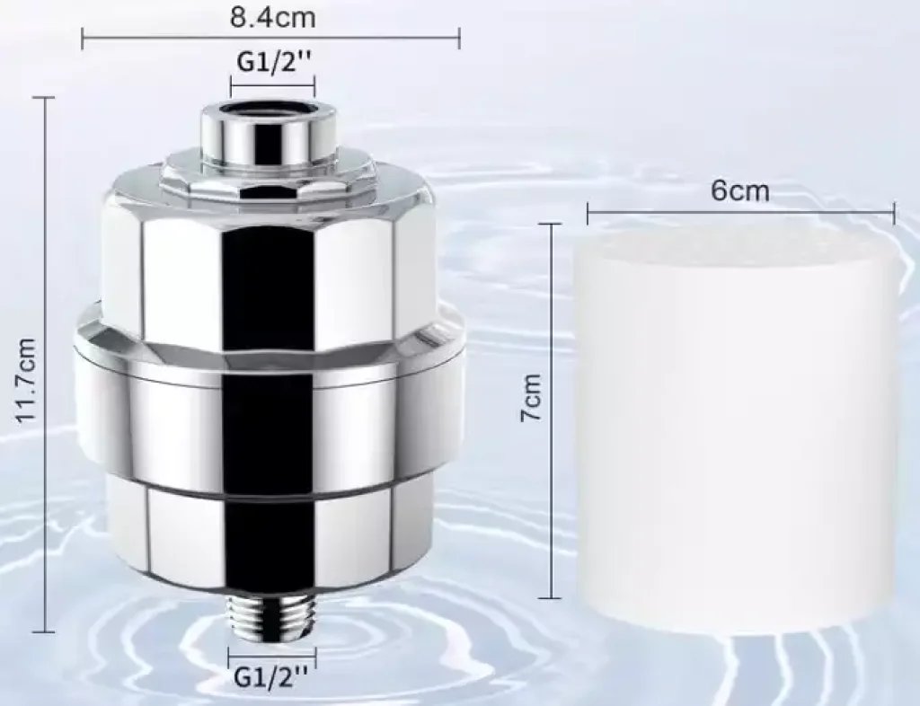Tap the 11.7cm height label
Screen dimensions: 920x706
point(26,380)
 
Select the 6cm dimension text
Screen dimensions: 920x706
point(739,190)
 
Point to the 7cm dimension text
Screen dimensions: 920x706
point(531,398)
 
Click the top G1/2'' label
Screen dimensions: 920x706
point(273,62)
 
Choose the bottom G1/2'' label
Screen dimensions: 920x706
point(271,677)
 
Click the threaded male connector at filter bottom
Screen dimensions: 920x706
point(270,619)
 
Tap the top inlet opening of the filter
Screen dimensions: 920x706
point(268,110)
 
